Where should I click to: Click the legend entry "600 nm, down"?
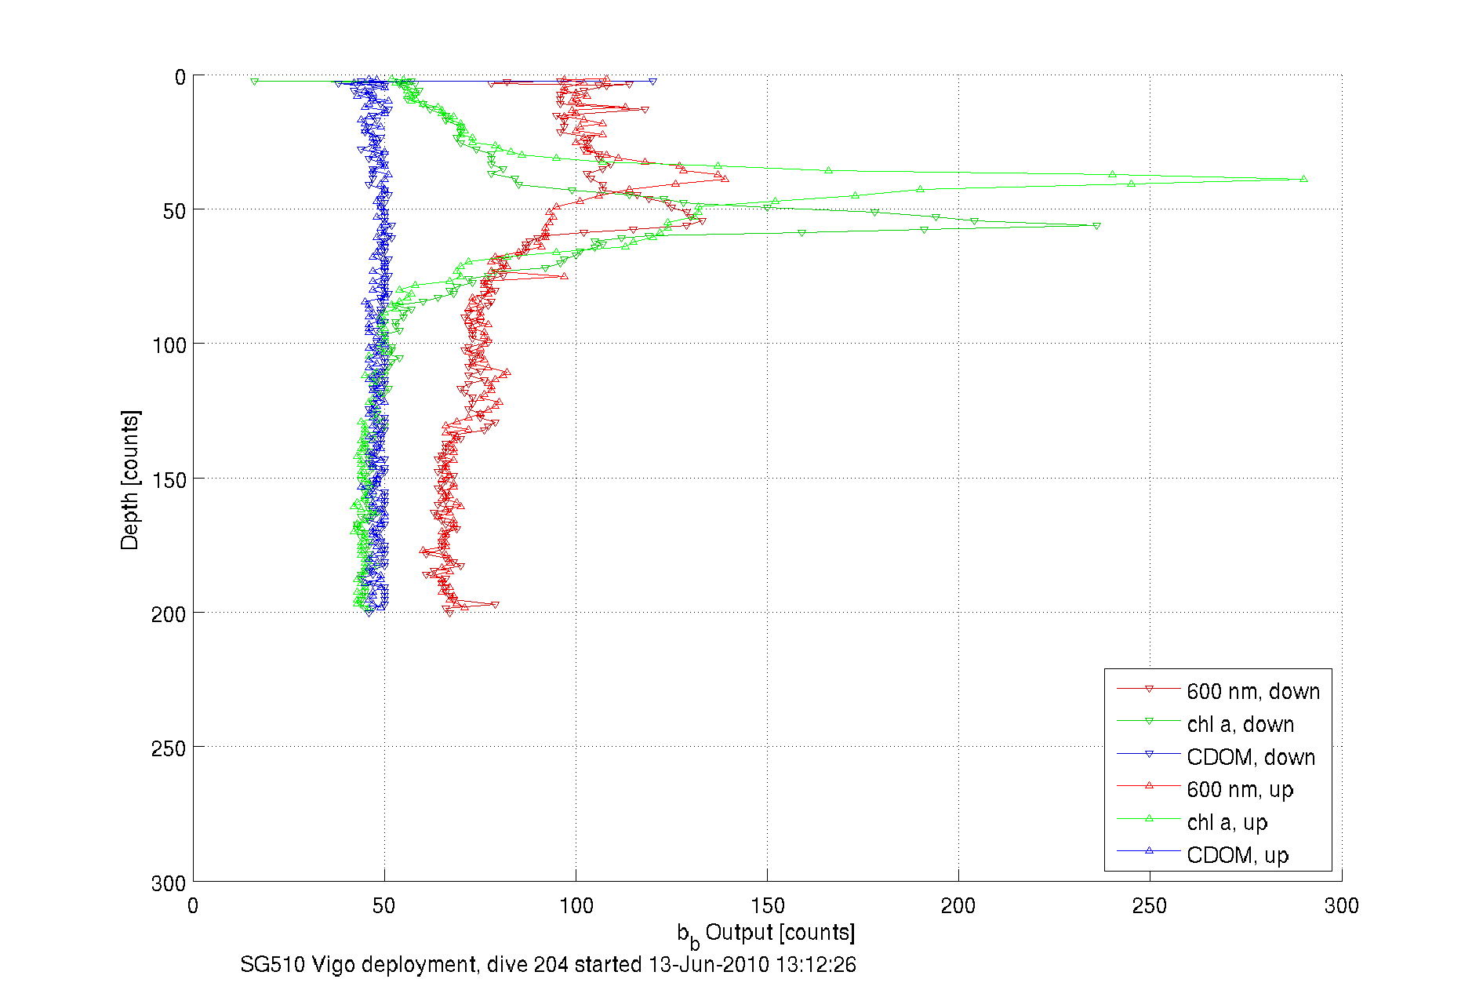click(x=1252, y=691)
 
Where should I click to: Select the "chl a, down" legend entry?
click(x=1240, y=724)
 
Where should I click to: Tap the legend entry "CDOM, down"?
click(x=1250, y=757)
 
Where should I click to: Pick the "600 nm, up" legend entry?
click(x=1240, y=789)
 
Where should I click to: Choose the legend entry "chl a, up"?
click(x=1227, y=822)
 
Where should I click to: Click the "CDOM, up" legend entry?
click(x=1237, y=855)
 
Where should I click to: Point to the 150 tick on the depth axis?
click(x=169, y=479)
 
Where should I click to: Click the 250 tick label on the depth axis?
click(x=169, y=748)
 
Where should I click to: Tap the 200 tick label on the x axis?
click(x=958, y=906)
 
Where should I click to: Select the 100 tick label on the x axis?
click(x=576, y=906)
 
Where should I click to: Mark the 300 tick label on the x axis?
click(x=1341, y=906)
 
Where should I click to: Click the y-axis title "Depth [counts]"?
click(x=130, y=479)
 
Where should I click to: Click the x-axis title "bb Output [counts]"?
click(x=766, y=934)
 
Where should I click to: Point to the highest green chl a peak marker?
click(x=1303, y=179)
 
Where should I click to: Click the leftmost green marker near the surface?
click(x=254, y=82)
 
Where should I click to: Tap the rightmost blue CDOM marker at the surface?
click(x=652, y=82)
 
